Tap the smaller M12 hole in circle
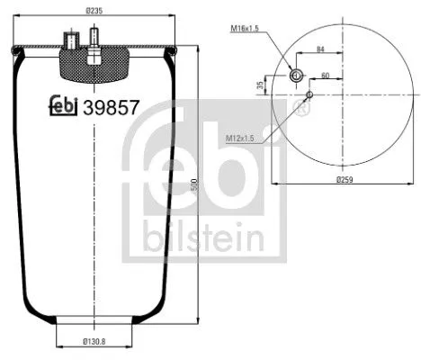click(x=309, y=93)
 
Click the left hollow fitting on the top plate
click(x=69, y=41)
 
